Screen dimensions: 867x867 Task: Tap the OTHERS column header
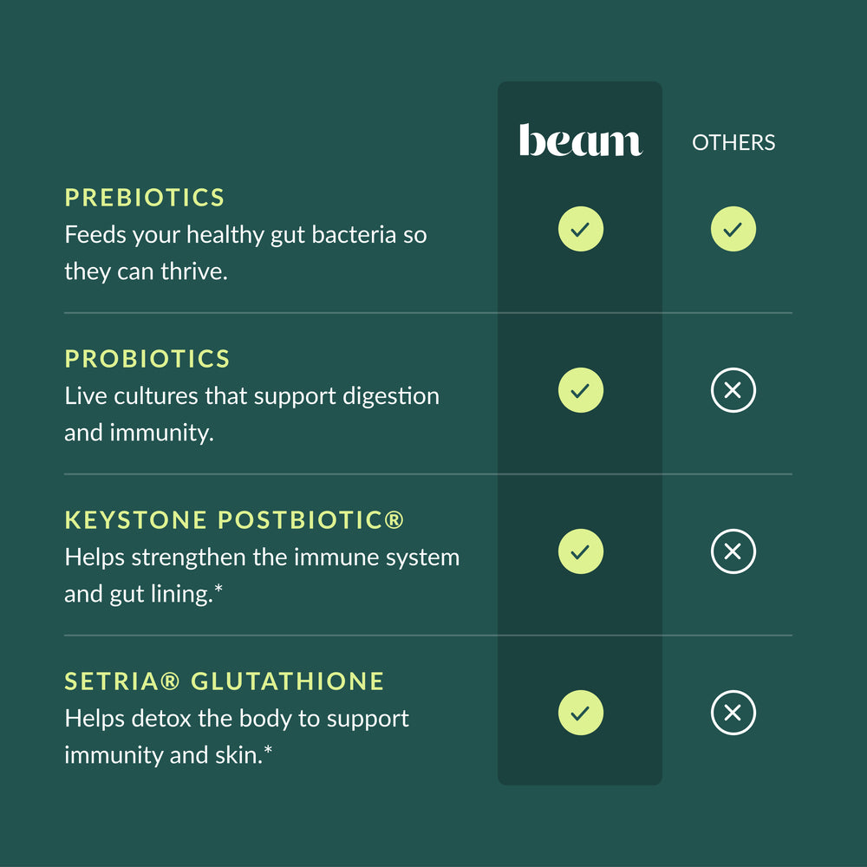[733, 143]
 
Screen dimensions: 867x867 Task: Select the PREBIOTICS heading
[144, 198]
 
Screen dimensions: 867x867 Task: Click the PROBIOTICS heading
[147, 359]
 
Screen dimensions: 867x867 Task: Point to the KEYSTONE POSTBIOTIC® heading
[234, 519]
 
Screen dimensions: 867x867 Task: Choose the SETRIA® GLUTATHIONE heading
[224, 681]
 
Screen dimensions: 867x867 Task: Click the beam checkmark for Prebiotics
[581, 229]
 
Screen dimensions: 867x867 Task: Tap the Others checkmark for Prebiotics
[733, 229]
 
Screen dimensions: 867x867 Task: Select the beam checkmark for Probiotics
[581, 390]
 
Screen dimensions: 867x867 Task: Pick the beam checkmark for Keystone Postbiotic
[581, 551]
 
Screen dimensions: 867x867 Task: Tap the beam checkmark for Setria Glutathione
[581, 713]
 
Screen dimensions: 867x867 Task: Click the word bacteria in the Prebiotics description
[354, 234]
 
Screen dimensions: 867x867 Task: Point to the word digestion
[391, 397]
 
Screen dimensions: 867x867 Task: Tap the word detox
[161, 718]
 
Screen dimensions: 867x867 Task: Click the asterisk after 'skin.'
[268, 749]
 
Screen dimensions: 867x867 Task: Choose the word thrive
[194, 271]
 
